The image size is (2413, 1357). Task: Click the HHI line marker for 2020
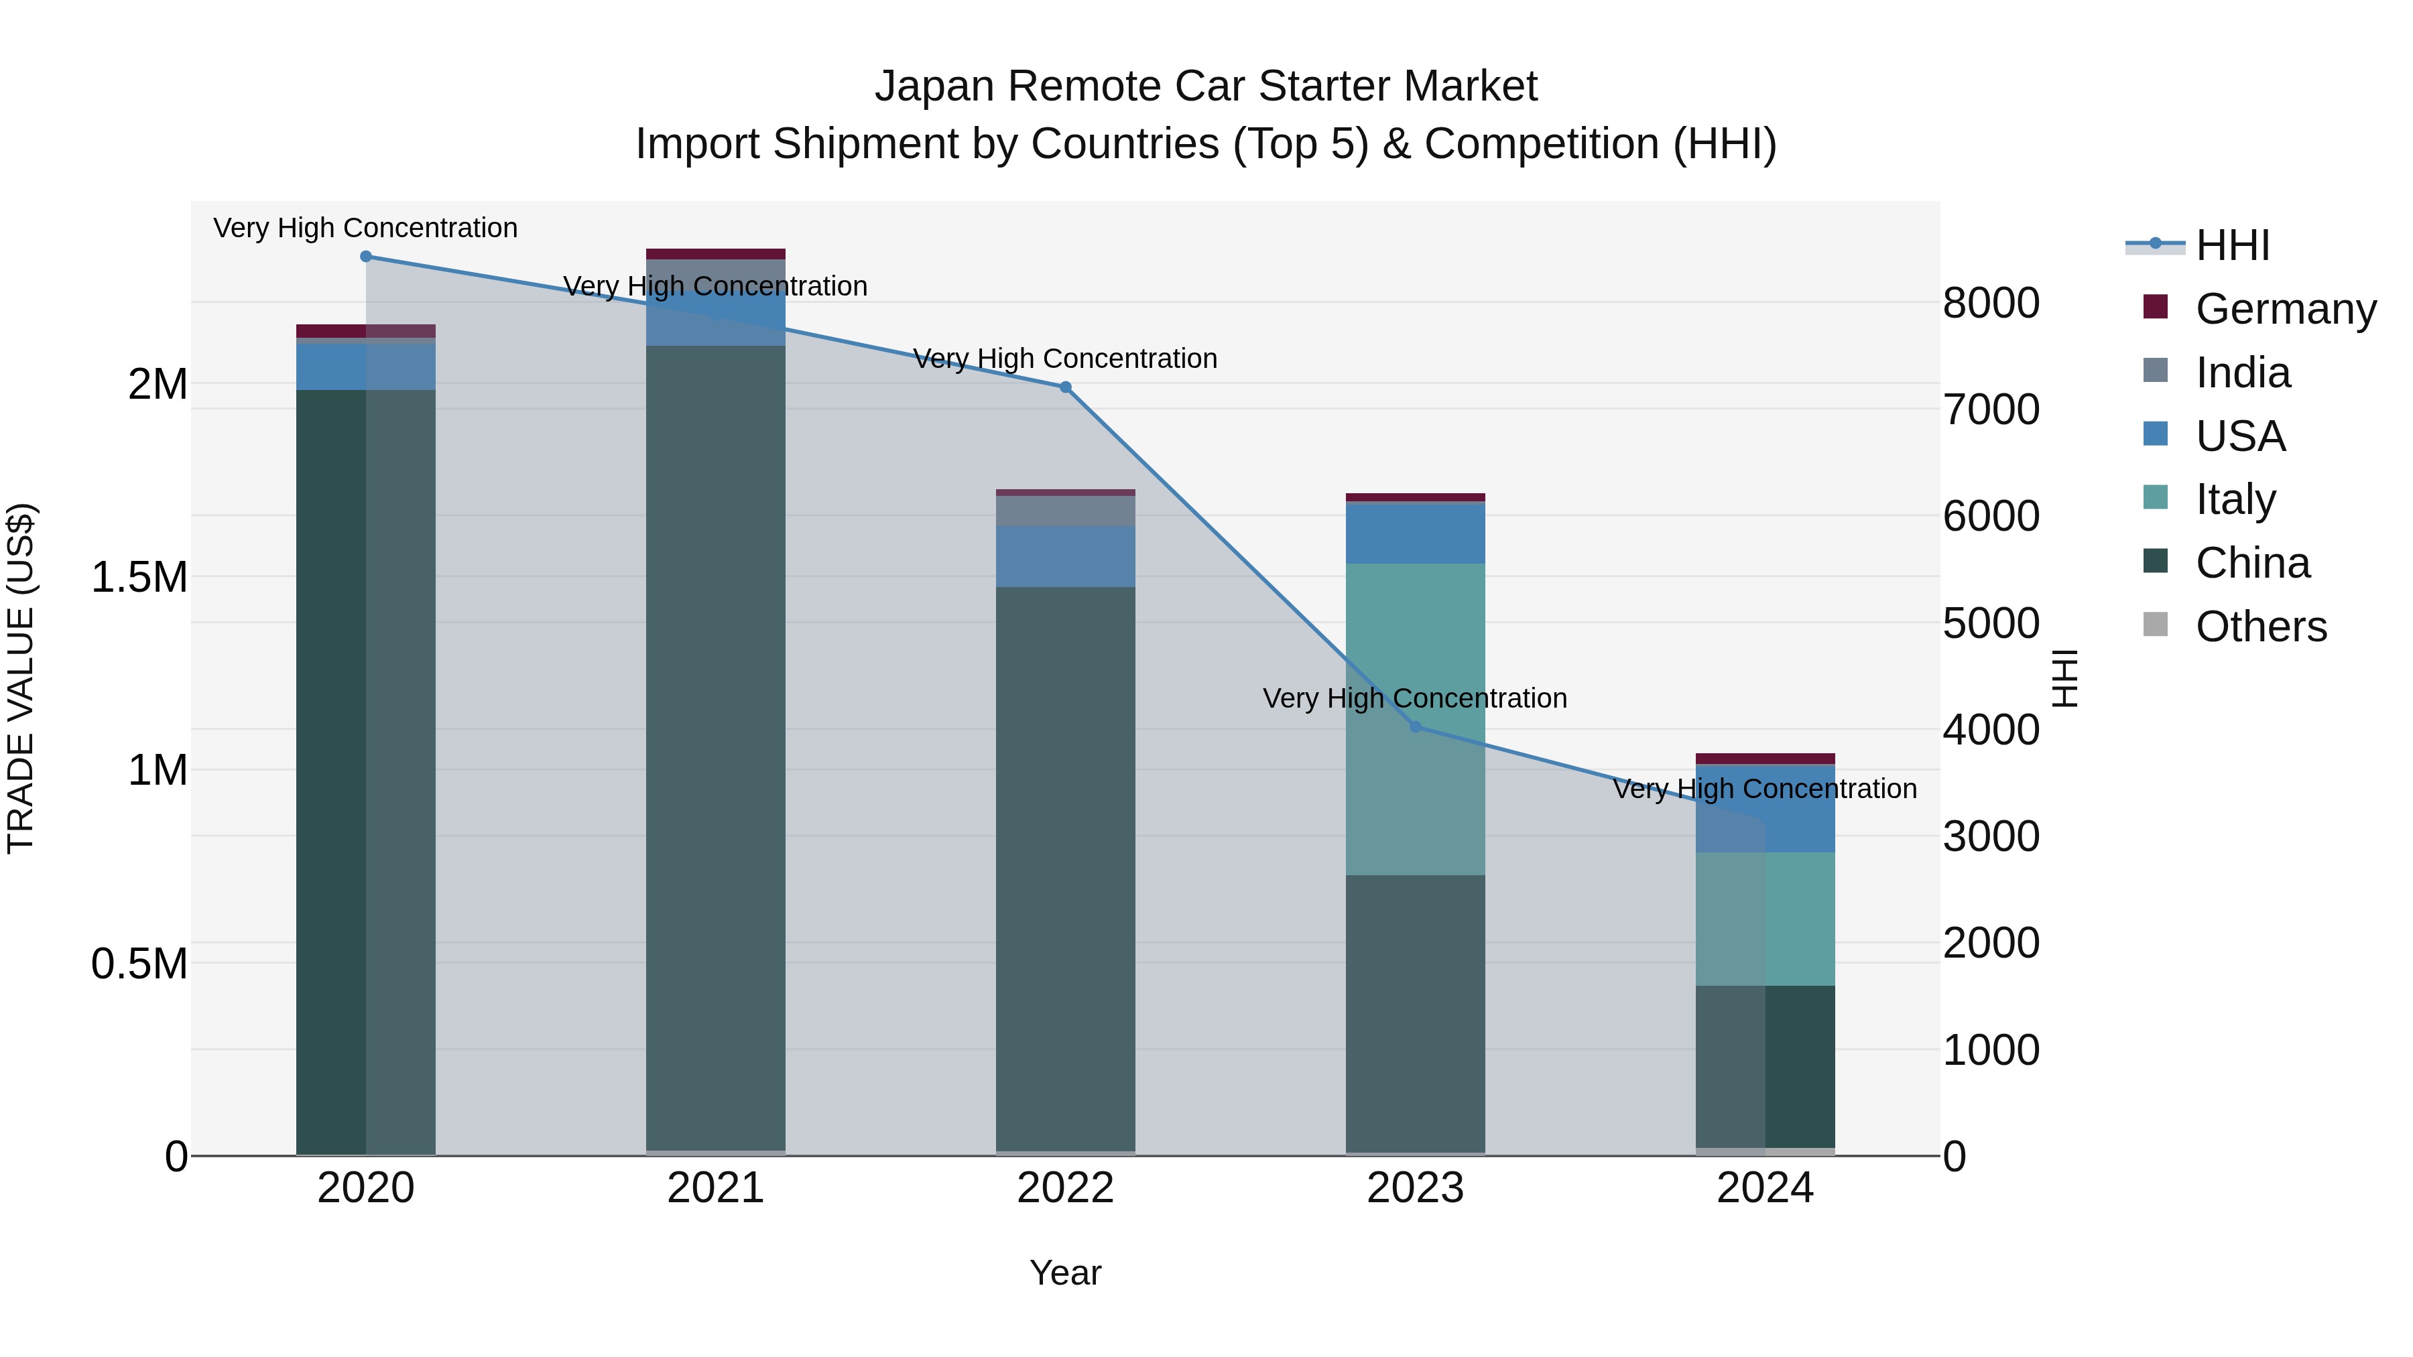pyautogui.click(x=366, y=257)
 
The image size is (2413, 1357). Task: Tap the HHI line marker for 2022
pyautogui.click(x=1065, y=387)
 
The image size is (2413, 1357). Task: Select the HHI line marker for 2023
pyautogui.click(x=1416, y=726)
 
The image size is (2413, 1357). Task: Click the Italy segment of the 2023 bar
pyautogui.click(x=1416, y=655)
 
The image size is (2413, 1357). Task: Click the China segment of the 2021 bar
pyautogui.click(x=716, y=749)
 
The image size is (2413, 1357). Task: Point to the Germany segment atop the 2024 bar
pyautogui.click(x=1765, y=759)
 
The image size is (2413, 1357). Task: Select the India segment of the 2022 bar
pyautogui.click(x=1065, y=511)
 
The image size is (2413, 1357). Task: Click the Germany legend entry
pyautogui.click(x=2286, y=309)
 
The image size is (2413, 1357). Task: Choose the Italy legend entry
pyautogui.click(x=2235, y=499)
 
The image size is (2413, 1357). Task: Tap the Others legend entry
pyautogui.click(x=2260, y=627)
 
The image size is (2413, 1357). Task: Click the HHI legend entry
pyautogui.click(x=2232, y=245)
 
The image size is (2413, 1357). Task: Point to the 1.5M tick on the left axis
pyautogui.click(x=139, y=577)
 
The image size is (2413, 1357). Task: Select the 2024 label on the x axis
pyautogui.click(x=1765, y=1188)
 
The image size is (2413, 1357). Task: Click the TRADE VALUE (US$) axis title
pyautogui.click(x=21, y=678)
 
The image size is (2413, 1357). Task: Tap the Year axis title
pyautogui.click(x=1065, y=1273)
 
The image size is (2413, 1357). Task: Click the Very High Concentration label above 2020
pyautogui.click(x=365, y=228)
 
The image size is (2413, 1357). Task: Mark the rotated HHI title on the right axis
pyautogui.click(x=2064, y=678)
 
